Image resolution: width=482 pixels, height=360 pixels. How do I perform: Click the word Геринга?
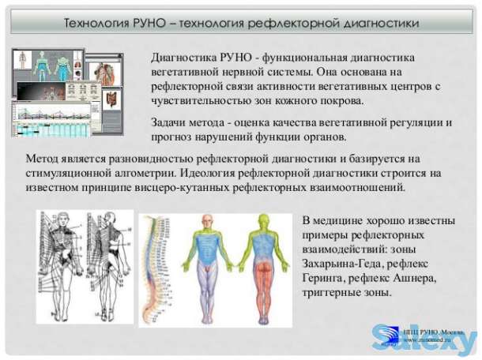pos(325,278)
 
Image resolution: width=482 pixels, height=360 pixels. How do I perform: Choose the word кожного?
pos(303,102)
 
